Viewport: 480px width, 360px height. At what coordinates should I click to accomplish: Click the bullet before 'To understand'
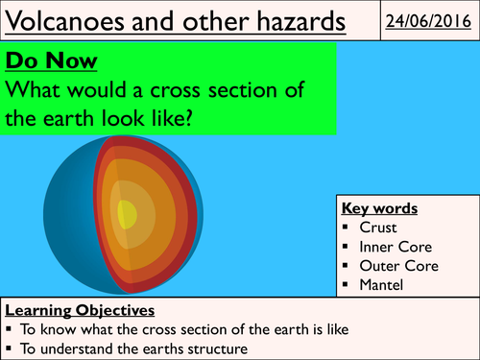pyautogui.click(x=11, y=348)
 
